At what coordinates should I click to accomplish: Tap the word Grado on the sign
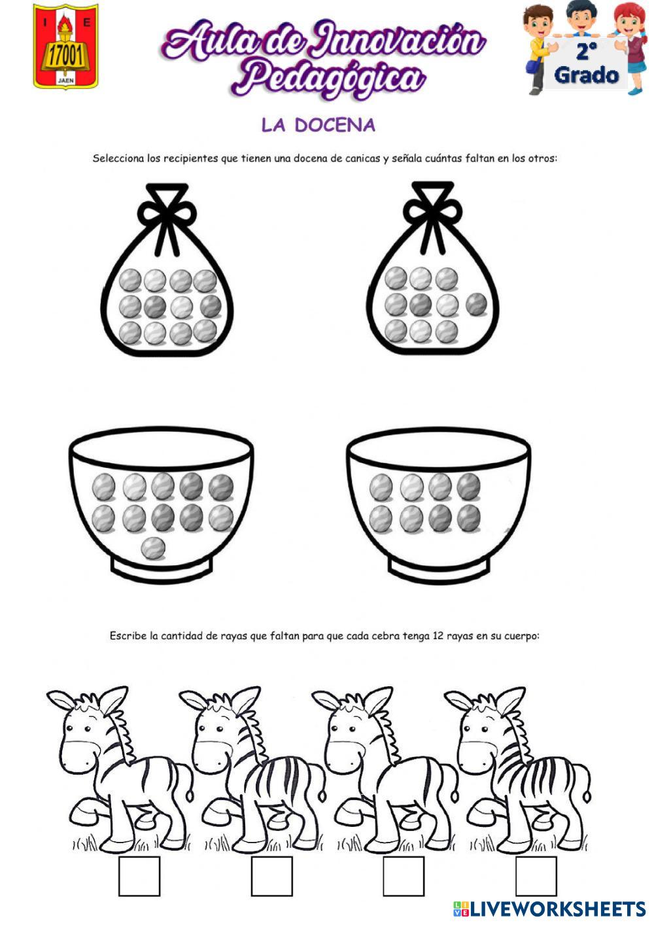click(x=586, y=75)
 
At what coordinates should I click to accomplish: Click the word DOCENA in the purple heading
click(x=335, y=125)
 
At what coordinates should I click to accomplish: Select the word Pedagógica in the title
click(x=328, y=77)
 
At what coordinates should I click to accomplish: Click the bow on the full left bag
click(x=167, y=210)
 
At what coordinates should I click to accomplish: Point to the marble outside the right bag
click(x=477, y=304)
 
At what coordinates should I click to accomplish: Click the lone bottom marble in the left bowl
click(x=153, y=548)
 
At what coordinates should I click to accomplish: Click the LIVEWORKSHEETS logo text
click(x=557, y=909)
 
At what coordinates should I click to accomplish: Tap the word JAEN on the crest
click(x=65, y=80)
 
